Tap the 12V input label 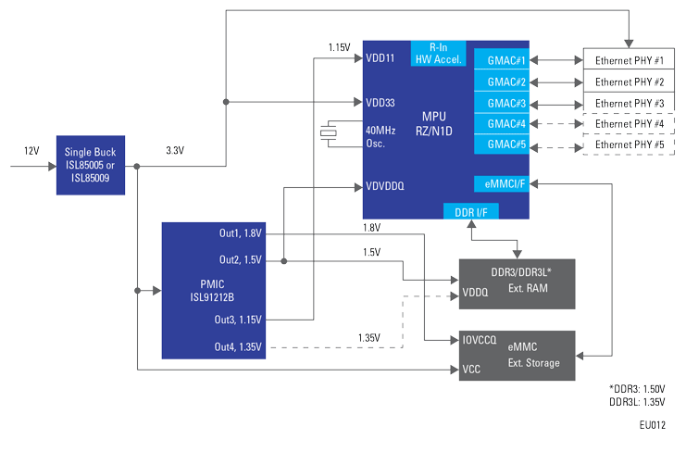tap(31, 150)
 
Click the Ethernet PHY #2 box tap(629, 82)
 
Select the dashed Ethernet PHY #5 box tap(629, 145)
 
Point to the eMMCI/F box tap(501, 182)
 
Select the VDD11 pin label tap(380, 57)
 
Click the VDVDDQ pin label tap(385, 186)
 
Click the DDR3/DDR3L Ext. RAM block tap(518, 283)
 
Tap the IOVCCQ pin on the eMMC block tap(480, 340)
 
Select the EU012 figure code tap(652, 426)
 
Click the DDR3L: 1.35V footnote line tap(636, 401)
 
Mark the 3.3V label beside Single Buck tap(174, 150)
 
